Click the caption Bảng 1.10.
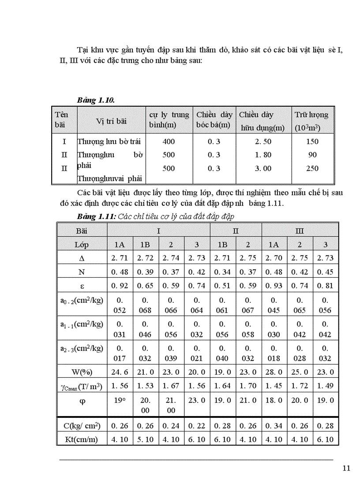(96, 100)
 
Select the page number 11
(346, 468)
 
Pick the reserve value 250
(312, 168)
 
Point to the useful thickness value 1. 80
(263, 155)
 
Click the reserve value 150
(312, 141)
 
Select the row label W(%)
(82, 372)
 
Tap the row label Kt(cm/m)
(82, 439)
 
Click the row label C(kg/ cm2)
(82, 425)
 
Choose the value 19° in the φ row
(120, 400)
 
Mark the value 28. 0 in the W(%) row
(274, 372)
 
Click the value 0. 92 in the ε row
(120, 285)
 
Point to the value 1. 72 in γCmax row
(300, 386)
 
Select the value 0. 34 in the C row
(274, 425)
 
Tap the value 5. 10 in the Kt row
(146, 439)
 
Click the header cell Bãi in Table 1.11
(82, 231)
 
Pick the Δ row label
(82, 258)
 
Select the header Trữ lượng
(311, 115)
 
